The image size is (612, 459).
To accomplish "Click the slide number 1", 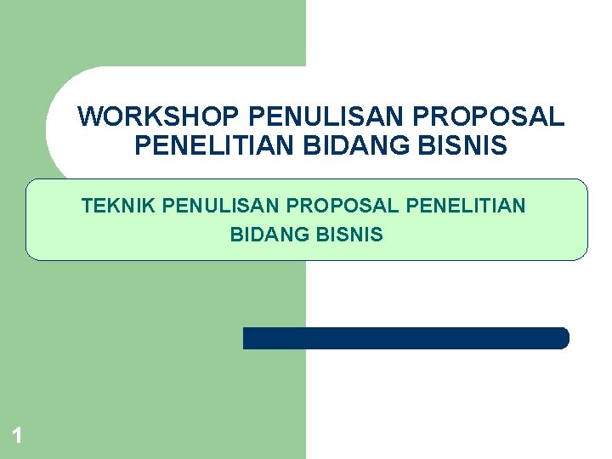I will point(17,437).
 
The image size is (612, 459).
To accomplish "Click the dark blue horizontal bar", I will point(405,338).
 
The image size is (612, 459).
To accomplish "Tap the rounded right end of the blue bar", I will point(562,338).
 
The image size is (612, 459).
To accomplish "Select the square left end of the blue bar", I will point(247,338).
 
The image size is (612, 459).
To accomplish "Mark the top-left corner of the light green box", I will point(29,182).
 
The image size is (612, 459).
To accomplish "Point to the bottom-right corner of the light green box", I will point(584,256).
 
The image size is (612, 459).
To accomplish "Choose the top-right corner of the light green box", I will point(584,182).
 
